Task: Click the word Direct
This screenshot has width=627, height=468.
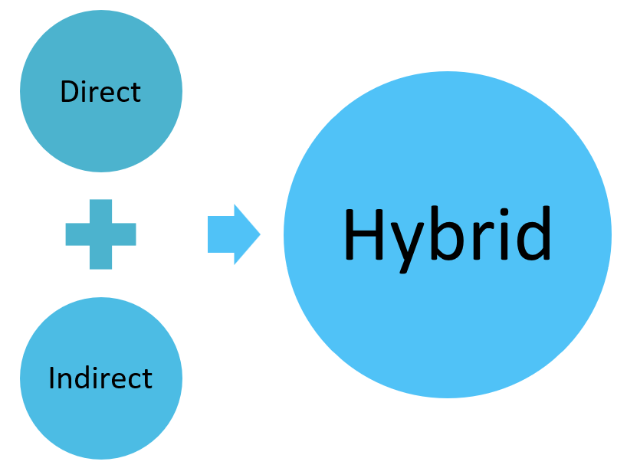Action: point(100,92)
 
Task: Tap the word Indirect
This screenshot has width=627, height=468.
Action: point(100,378)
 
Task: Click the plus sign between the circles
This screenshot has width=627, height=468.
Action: point(100,234)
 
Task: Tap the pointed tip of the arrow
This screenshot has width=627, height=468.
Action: point(258,234)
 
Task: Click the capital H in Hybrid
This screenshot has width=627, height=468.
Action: point(363,234)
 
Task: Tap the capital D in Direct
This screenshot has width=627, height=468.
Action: point(68,92)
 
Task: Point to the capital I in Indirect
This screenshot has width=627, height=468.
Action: point(51,378)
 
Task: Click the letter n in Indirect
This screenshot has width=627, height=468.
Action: point(64,380)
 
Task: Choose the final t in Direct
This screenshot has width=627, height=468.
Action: point(136,93)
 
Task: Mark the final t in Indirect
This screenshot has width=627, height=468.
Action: point(147,379)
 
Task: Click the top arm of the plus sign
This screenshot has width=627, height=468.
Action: point(100,210)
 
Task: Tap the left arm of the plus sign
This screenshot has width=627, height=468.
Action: point(76,234)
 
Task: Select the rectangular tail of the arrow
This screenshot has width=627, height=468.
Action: point(221,234)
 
